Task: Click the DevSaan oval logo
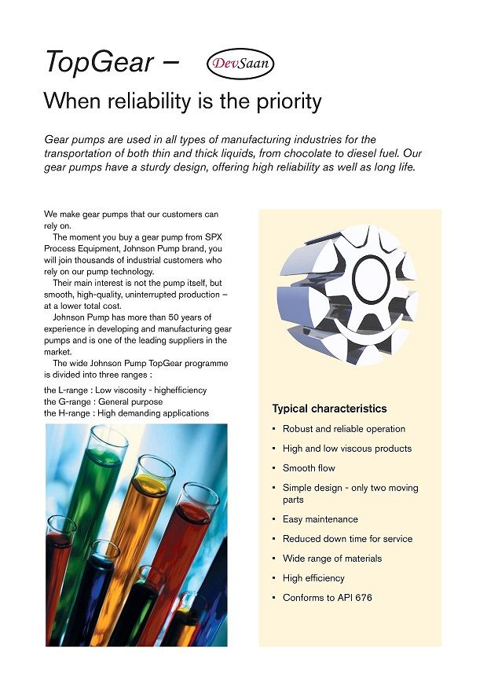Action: point(240,63)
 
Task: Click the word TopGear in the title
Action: point(98,62)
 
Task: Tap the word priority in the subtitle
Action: point(285,101)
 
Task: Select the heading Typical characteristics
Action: point(329,409)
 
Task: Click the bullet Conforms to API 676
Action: point(328,598)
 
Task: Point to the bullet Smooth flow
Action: point(309,468)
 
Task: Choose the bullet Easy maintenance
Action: point(320,519)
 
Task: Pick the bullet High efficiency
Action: point(313,578)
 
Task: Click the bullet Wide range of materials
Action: point(332,559)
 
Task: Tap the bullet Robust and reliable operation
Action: point(344,429)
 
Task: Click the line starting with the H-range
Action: point(126,413)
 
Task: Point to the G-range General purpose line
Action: point(104,401)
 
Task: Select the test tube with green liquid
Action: point(90,503)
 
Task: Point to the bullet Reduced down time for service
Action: point(347,539)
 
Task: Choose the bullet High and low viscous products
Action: point(347,449)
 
